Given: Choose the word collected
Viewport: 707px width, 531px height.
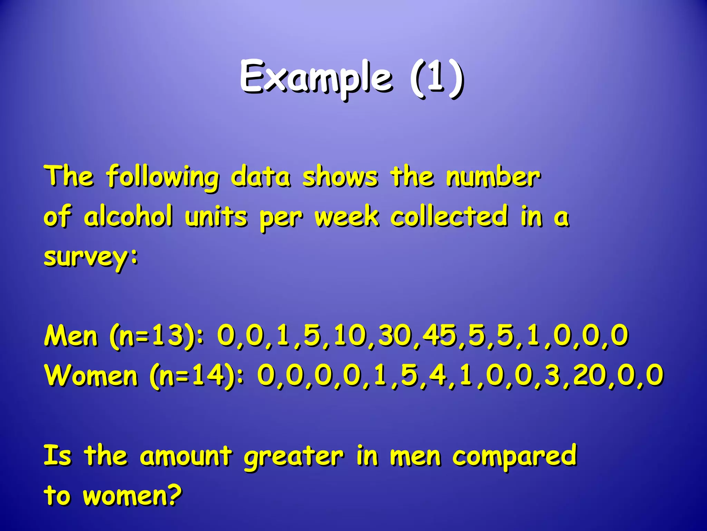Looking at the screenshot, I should coord(449,216).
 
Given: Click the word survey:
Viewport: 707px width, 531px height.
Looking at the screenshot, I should coord(91,258).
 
